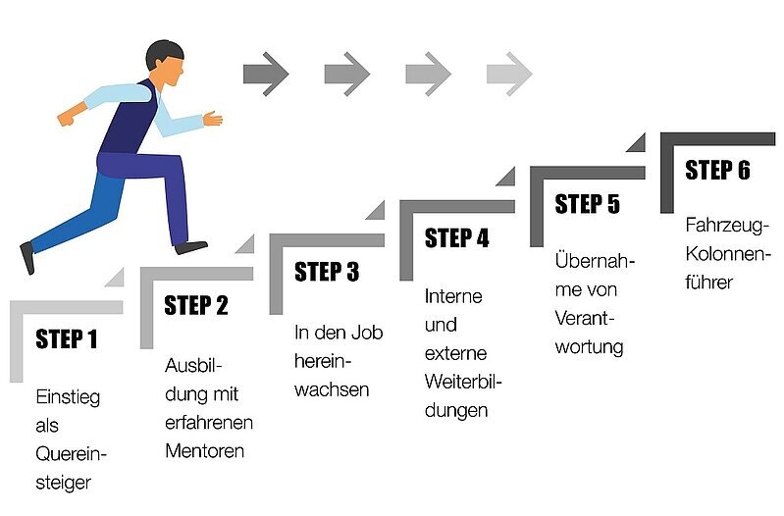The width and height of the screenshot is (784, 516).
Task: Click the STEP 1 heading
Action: [x=67, y=339]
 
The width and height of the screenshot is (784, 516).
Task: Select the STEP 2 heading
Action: [x=196, y=305]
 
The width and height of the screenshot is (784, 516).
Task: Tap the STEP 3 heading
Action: [x=327, y=272]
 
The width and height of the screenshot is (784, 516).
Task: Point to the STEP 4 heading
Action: [x=456, y=238]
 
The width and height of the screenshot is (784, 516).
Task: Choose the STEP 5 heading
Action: [x=587, y=204]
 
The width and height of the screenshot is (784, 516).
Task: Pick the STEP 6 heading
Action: [x=717, y=170]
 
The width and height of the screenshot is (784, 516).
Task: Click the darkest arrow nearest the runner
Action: [x=266, y=73]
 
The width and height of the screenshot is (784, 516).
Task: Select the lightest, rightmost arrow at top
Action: [x=509, y=73]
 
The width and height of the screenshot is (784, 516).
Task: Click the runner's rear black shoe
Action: [x=26, y=257]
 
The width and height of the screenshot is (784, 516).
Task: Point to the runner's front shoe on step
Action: [x=191, y=247]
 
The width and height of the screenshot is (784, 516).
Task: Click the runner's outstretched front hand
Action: [x=213, y=119]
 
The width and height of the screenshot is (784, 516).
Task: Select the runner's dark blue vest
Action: [x=131, y=123]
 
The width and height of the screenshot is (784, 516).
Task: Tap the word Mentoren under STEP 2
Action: [x=204, y=451]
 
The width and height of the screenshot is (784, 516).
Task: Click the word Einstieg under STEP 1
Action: [x=67, y=398]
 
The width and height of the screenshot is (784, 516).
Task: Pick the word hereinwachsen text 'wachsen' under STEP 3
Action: [x=332, y=389]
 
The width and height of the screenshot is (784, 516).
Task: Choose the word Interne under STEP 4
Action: [x=453, y=296]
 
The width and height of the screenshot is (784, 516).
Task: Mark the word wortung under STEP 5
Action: [x=589, y=346]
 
